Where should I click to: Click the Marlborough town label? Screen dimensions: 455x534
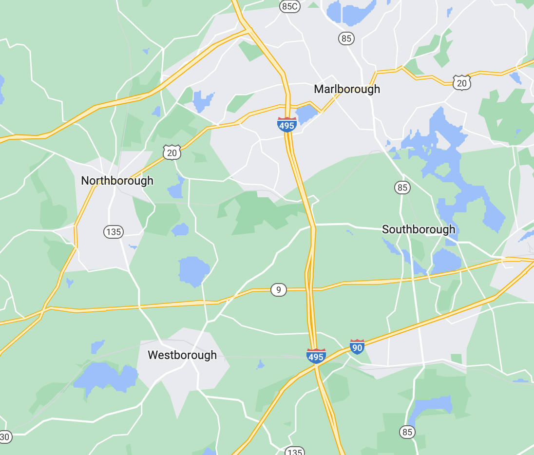(347, 89)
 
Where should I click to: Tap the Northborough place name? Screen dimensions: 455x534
(117, 181)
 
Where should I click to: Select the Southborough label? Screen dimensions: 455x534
(419, 229)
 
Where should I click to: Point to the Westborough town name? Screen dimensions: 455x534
(182, 355)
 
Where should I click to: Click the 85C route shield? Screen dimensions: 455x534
(289, 6)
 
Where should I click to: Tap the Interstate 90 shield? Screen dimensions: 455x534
(357, 346)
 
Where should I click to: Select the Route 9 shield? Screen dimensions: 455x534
(278, 290)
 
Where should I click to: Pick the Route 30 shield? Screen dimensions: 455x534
(4, 437)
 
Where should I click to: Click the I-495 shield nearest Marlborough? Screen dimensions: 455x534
(286, 125)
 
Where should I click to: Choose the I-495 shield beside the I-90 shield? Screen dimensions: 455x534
(316, 356)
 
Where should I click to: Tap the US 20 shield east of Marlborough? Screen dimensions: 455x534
(461, 83)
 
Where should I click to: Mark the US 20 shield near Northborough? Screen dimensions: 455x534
(172, 152)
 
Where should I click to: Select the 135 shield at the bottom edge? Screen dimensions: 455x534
(294, 452)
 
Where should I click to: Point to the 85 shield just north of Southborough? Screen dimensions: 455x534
(402, 187)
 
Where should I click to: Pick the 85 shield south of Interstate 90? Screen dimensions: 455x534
(407, 432)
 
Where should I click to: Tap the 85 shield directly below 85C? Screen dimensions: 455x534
(346, 38)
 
